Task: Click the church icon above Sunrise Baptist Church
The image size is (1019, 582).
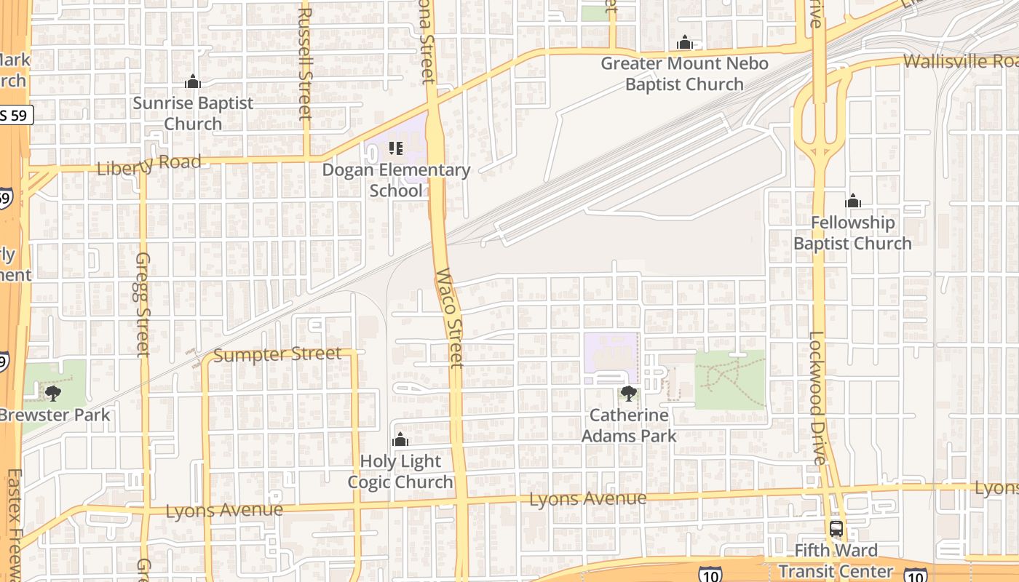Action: (193, 81)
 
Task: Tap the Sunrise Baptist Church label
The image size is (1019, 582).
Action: (193, 113)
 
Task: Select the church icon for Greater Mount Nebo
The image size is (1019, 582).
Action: (684, 42)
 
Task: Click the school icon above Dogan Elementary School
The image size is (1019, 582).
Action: (396, 148)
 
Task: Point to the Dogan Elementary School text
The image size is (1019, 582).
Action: (397, 180)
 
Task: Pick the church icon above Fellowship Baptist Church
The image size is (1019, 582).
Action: (853, 201)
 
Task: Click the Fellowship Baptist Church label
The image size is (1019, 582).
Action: (852, 233)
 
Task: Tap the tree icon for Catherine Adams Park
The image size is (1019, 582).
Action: (629, 394)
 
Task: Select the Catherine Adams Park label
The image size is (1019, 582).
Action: (629, 426)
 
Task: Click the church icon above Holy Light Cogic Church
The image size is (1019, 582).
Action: (400, 439)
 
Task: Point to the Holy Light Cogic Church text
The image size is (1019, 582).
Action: (400, 471)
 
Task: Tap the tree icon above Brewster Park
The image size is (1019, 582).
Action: (52, 394)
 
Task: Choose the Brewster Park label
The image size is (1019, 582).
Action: (55, 415)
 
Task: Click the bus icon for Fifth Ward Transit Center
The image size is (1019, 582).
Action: (836, 529)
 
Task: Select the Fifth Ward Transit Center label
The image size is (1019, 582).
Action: (836, 561)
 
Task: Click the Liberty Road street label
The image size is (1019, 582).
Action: (148, 165)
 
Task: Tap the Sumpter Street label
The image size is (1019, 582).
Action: (277, 355)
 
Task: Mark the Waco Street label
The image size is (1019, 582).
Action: (450, 318)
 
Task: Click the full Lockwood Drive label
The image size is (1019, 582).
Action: (818, 398)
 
